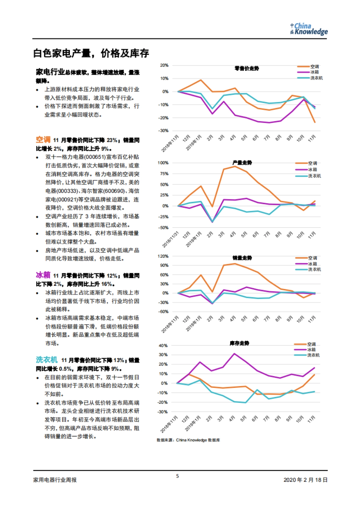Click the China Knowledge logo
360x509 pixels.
coord(309,29)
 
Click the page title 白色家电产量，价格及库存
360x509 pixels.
coord(91,53)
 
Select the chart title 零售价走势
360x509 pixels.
coord(247,68)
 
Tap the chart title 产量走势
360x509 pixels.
coord(242,163)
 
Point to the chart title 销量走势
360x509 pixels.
coord(242,258)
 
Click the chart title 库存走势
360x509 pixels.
coord(239,343)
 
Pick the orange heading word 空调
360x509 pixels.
coord(43,140)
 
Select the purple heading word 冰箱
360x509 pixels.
coord(43,275)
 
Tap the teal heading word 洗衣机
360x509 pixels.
coord(47,360)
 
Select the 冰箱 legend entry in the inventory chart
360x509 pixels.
coord(311,350)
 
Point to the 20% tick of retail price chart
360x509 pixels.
coord(164,65)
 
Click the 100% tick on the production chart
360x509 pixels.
coord(163,163)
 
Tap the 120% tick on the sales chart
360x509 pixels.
coord(163,256)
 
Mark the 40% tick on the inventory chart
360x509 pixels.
coord(163,346)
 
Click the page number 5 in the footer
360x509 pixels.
coord(178,476)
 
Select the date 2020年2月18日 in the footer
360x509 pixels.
coord(305,480)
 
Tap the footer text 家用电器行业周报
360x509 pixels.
coord(55,480)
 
